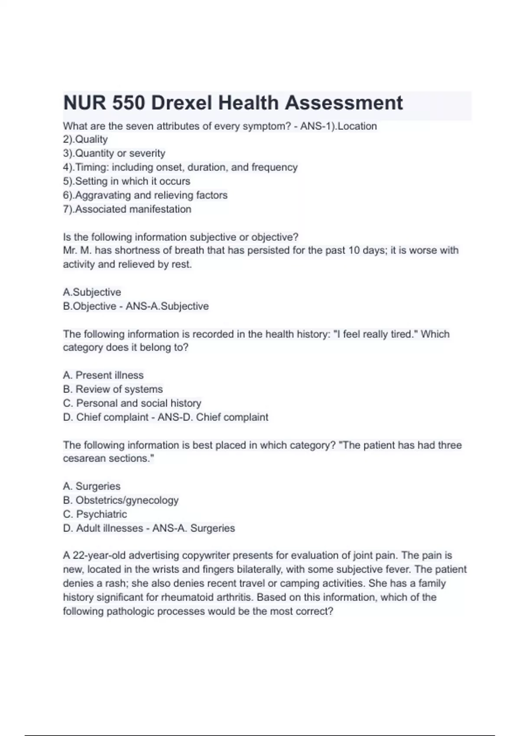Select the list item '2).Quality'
pyautogui.click(x=85, y=139)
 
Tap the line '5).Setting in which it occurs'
pyautogui.click(x=127, y=181)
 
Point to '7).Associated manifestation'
pyautogui.click(x=127, y=209)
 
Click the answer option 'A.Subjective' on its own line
pyautogui.click(x=92, y=292)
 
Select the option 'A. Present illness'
pyautogui.click(x=103, y=375)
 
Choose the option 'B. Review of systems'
pyautogui.click(x=113, y=389)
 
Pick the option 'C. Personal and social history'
pyautogui.click(x=132, y=403)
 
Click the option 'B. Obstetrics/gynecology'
pyautogui.click(x=120, y=500)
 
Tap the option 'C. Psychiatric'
pyautogui.click(x=95, y=514)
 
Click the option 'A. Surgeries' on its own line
pyautogui.click(x=91, y=486)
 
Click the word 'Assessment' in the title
pyautogui.click(x=344, y=103)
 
